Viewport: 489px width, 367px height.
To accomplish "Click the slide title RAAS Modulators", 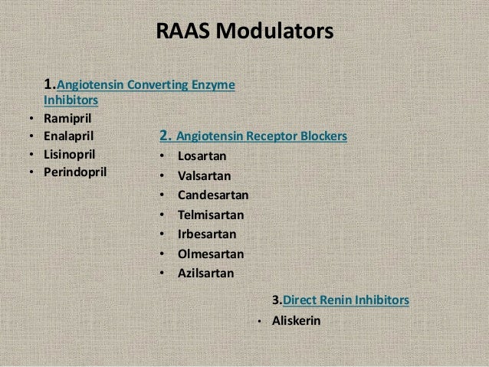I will pyautogui.click(x=244, y=33).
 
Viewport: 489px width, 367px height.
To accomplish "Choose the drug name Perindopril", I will pyautogui.click(x=76, y=170).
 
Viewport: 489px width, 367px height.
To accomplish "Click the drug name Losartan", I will pyautogui.click(x=203, y=157).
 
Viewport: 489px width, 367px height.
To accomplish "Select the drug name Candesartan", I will pyautogui.click(x=212, y=195).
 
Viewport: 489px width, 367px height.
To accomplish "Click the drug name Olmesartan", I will pyautogui.click(x=209, y=253).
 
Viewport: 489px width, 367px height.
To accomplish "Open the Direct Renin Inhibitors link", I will pyautogui.click(x=346, y=299).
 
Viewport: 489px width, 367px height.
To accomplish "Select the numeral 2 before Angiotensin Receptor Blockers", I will pyautogui.click(x=163, y=137).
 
